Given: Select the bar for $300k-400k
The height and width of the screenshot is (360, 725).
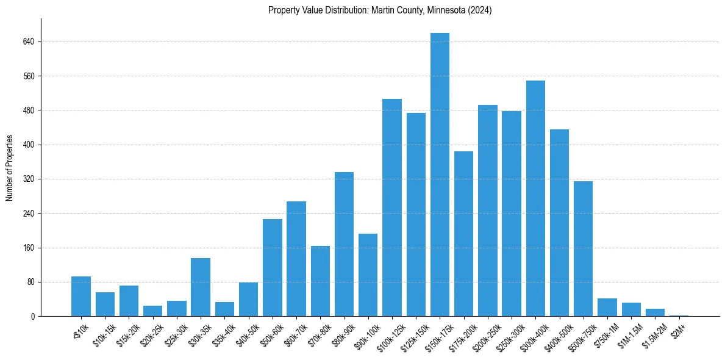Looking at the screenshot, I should tap(535, 198).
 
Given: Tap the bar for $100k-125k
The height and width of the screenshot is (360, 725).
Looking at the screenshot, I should tap(392, 207).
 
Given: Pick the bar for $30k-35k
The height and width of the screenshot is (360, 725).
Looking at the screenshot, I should tap(201, 287).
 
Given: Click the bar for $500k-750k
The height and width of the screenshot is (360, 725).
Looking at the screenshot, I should tap(583, 248).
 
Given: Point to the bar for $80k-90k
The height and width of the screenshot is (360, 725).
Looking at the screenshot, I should tap(344, 244).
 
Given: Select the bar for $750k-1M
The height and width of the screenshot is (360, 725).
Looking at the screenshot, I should tap(607, 307).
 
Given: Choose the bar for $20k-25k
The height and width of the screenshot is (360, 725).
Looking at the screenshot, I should tap(152, 311).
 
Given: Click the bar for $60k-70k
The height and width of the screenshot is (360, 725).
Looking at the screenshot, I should tap(296, 259).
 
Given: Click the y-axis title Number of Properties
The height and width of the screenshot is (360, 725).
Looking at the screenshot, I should tap(9, 168).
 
